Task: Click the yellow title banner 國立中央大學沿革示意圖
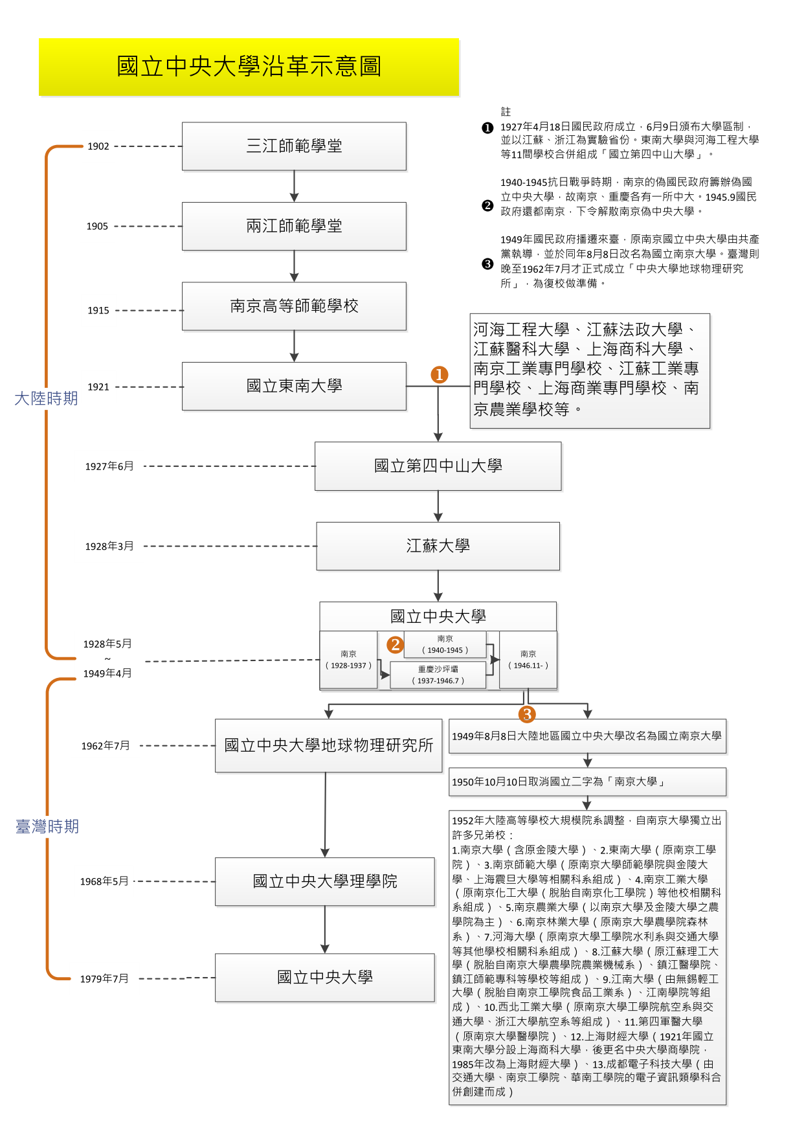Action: pyautogui.click(x=249, y=67)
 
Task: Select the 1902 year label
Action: pyautogui.click(x=98, y=146)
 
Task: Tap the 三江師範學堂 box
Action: pyautogui.click(x=294, y=146)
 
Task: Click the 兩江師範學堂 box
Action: pyautogui.click(x=294, y=226)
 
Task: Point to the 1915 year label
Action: pyautogui.click(x=98, y=310)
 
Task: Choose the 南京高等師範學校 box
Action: pyautogui.click(x=294, y=306)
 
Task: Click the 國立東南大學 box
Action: pyautogui.click(x=294, y=386)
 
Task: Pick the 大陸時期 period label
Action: pyautogui.click(x=46, y=398)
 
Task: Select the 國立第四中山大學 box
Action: pyautogui.click(x=438, y=466)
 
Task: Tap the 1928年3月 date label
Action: pyautogui.click(x=109, y=546)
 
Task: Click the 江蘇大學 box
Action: pyautogui.click(x=438, y=546)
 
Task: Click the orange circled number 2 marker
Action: pyautogui.click(x=395, y=645)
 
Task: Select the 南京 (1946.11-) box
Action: pyautogui.click(x=528, y=660)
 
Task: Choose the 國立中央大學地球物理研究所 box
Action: pyautogui.click(x=328, y=745)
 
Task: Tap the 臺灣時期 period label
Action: pyautogui.click(x=47, y=826)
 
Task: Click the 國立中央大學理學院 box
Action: pyautogui.click(x=325, y=881)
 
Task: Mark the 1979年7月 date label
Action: pyautogui.click(x=104, y=978)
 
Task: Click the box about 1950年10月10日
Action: pyautogui.click(x=587, y=782)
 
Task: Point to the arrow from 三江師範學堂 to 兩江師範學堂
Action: pyautogui.click(x=294, y=186)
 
